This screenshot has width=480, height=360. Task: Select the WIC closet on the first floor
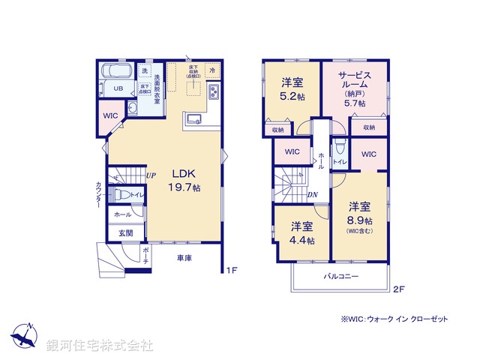pyautogui.click(x=111, y=116)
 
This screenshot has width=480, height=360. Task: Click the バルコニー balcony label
pyautogui.click(x=341, y=276)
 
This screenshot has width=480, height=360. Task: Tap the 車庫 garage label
pyautogui.click(x=185, y=258)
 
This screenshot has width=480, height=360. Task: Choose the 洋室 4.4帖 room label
pyautogui.click(x=303, y=232)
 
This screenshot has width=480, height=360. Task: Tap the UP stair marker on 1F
pyautogui.click(x=151, y=176)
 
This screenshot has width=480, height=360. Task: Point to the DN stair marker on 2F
pyautogui.click(x=312, y=194)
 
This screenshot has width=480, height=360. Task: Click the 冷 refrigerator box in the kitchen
pyautogui.click(x=213, y=70)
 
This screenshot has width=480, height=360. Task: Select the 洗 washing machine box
pyautogui.click(x=145, y=71)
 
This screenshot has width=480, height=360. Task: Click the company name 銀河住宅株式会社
pyautogui.click(x=100, y=346)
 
